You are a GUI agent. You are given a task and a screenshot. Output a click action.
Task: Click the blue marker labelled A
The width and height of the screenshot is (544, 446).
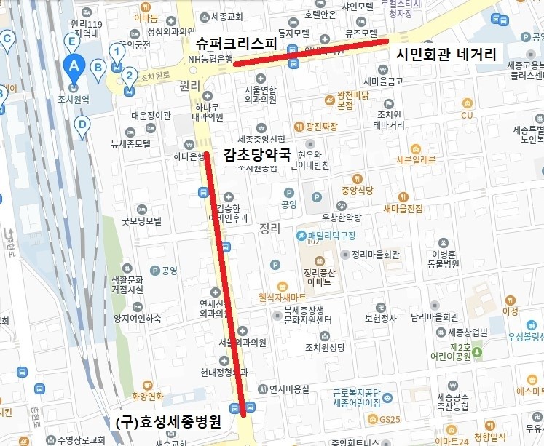pyautogui.click(x=73, y=65)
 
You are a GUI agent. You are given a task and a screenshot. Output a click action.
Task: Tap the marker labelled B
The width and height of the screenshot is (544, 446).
pyautogui.click(x=98, y=67)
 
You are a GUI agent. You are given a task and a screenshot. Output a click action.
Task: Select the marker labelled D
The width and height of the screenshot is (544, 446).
pyautogui.click(x=82, y=124)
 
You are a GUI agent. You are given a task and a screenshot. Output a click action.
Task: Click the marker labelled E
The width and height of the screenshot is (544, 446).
pyautogui.click(x=72, y=41)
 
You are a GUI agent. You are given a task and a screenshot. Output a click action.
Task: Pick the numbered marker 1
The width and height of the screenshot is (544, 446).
pyautogui.click(x=115, y=51)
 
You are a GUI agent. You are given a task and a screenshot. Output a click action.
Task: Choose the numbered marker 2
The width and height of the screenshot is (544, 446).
pyautogui.click(x=129, y=74)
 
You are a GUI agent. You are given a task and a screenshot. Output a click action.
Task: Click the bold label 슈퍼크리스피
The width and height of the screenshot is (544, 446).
pyautogui.click(x=237, y=43)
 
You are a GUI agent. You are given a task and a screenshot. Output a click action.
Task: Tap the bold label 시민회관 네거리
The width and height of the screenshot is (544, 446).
pyautogui.click(x=445, y=55)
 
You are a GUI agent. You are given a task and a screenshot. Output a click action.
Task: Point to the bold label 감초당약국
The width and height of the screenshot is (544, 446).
pyautogui.click(x=257, y=154)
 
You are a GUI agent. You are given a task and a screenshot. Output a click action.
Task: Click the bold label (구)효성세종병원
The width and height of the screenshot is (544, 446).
pyautogui.click(x=168, y=423)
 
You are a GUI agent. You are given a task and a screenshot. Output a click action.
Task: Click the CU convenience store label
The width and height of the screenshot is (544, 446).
pyautogui.click(x=466, y=115)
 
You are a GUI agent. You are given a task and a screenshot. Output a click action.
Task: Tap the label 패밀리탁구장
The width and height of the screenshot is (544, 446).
pyautogui.click(x=326, y=236)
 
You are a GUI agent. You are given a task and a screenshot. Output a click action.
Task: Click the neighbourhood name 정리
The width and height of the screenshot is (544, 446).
pyautogui.click(x=269, y=228)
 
